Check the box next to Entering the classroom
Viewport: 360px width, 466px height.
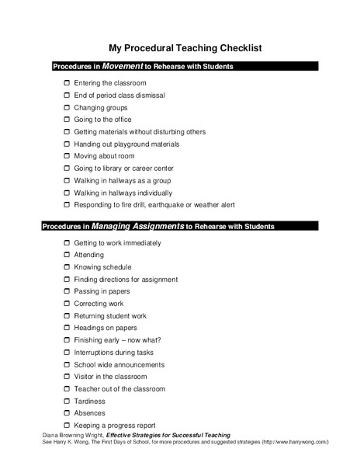pyautogui.click(x=67, y=82)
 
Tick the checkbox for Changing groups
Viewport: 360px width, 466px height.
pyautogui.click(x=67, y=107)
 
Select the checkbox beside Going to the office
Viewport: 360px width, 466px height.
pyautogui.click(x=67, y=120)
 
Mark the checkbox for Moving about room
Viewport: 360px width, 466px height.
pyautogui.click(x=67, y=156)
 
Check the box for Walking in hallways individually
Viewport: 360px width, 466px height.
pyautogui.click(x=67, y=193)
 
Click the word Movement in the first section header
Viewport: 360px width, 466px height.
pyautogui.click(x=123, y=66)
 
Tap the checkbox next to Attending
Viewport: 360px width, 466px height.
pyautogui.click(x=67, y=255)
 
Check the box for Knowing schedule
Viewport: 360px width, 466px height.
pyautogui.click(x=67, y=267)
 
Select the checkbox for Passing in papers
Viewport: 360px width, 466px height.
pyautogui.click(x=67, y=291)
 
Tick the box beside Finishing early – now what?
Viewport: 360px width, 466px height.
pyautogui.click(x=67, y=340)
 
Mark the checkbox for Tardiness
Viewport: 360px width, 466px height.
pyautogui.click(x=67, y=401)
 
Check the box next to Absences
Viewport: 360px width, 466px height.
pyautogui.click(x=67, y=413)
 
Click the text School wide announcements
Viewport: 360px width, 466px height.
pyautogui.click(x=119, y=364)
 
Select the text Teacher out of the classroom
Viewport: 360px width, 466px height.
pyautogui.click(x=119, y=388)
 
